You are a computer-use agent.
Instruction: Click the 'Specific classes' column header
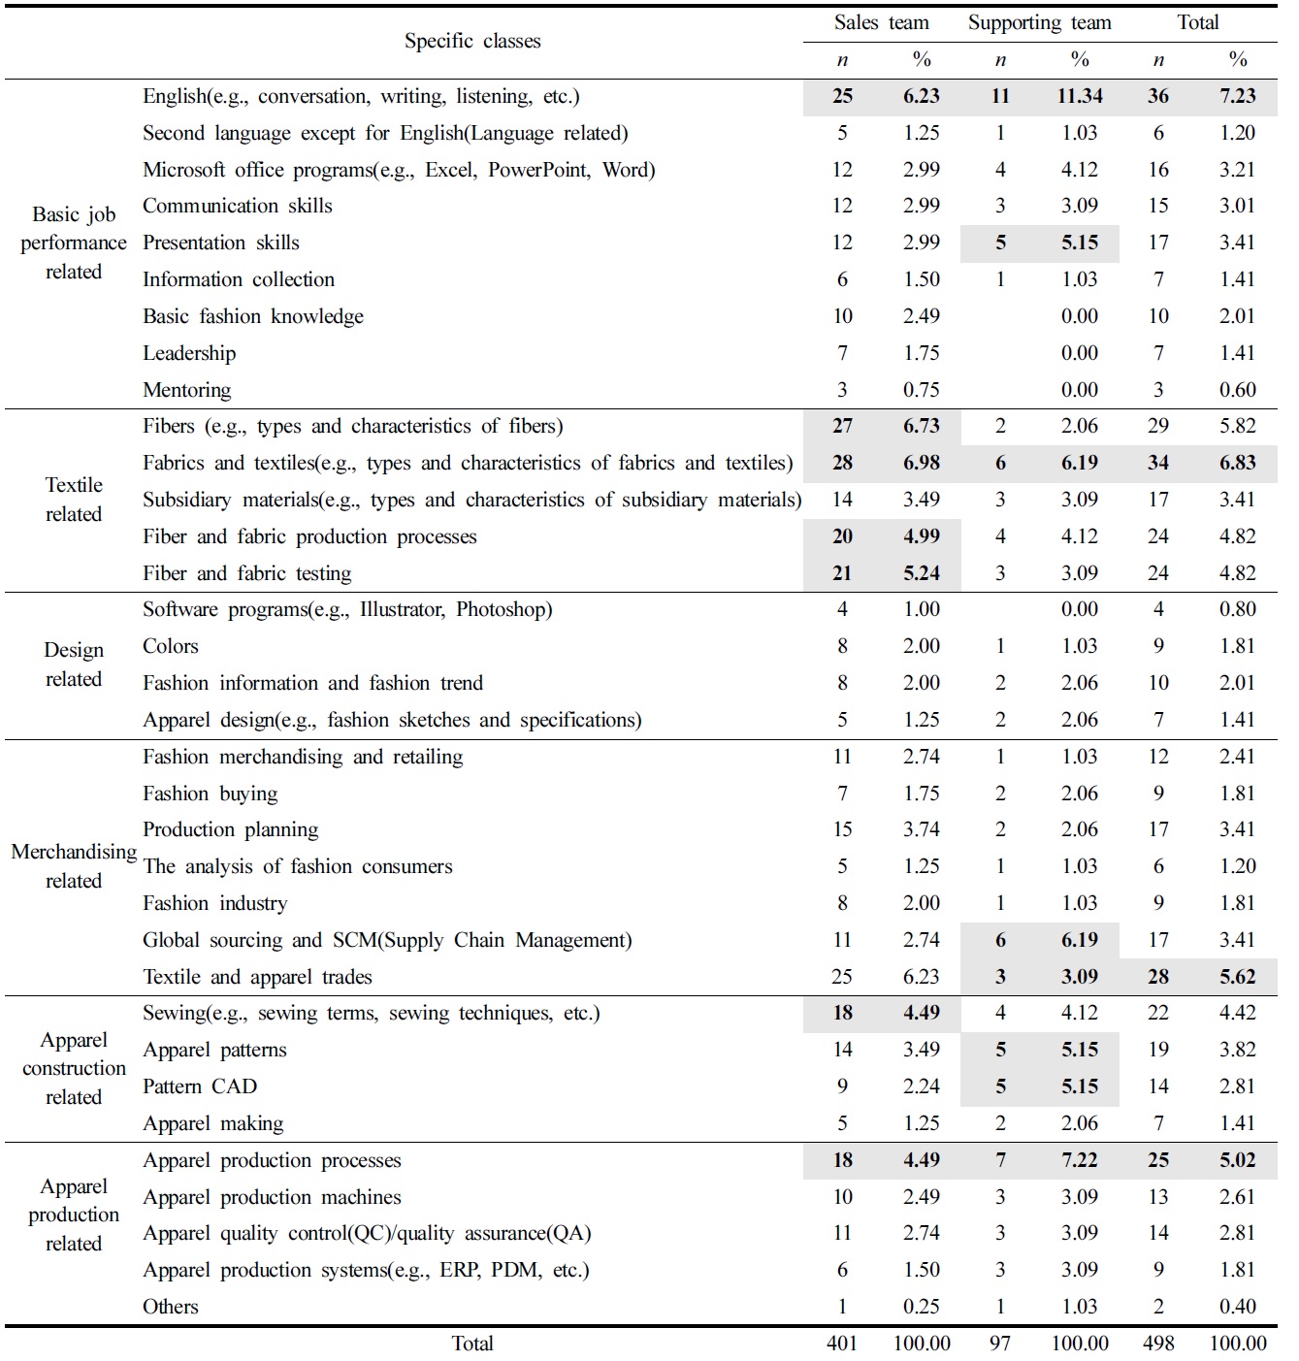[x=472, y=41]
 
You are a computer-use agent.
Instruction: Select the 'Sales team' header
[x=881, y=23]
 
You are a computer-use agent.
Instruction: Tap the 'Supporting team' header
[x=1039, y=23]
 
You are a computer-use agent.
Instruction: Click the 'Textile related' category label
[x=74, y=500]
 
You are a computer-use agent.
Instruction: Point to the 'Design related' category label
[x=74, y=664]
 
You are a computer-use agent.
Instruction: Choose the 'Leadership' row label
[x=189, y=353]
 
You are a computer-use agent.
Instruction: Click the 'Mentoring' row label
[x=187, y=390]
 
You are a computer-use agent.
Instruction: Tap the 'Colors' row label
[x=171, y=646]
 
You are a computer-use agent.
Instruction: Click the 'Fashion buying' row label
[x=211, y=794]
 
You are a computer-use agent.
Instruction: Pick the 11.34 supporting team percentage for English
[x=1079, y=96]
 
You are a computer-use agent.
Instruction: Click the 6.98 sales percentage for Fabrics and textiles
[x=921, y=463]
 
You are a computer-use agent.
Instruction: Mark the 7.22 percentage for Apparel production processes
[x=1079, y=1160]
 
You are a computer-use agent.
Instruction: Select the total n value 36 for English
[x=1158, y=96]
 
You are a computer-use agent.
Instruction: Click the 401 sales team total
[x=842, y=1344]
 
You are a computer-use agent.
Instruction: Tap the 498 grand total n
[x=1158, y=1344]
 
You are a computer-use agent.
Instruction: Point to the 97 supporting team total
[x=1000, y=1344]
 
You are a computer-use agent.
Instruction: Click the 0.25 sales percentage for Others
[x=921, y=1307]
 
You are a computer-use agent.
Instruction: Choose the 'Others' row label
[x=171, y=1307]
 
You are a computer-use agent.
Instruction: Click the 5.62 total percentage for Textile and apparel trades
[x=1237, y=977]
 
